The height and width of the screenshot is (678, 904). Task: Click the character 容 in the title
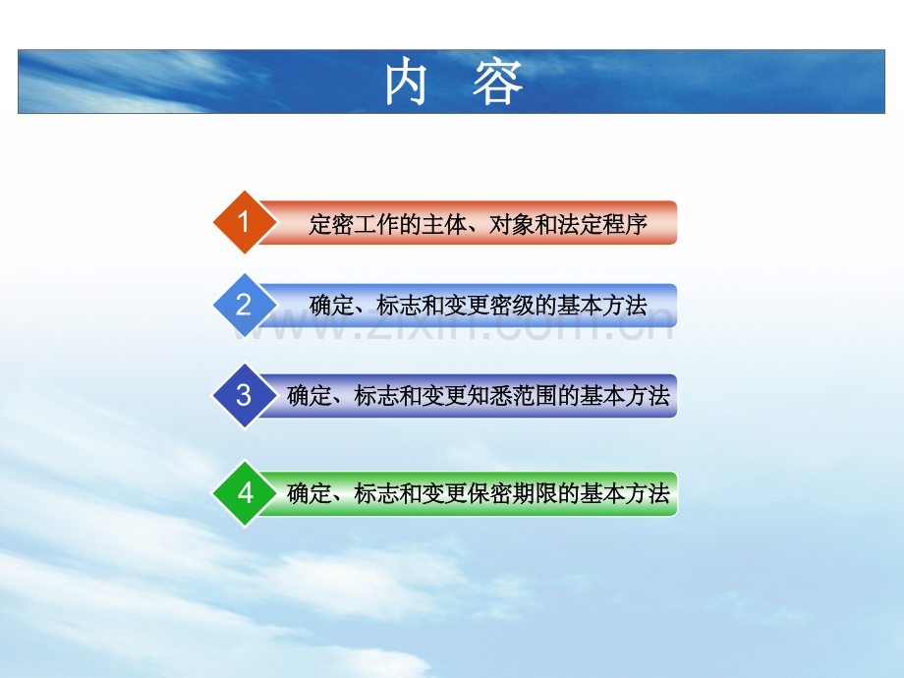click(x=497, y=84)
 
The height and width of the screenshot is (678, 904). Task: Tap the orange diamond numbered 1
click(x=245, y=222)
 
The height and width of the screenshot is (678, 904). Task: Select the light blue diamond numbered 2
click(x=245, y=305)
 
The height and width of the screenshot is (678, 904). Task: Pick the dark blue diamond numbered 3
click(x=245, y=395)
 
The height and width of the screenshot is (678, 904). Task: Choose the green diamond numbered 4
click(x=245, y=493)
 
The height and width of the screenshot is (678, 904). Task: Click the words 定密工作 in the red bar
click(x=354, y=224)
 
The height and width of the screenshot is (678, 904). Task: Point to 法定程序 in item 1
click(x=603, y=224)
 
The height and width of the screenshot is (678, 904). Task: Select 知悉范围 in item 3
click(x=513, y=396)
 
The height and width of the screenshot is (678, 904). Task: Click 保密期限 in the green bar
click(x=513, y=493)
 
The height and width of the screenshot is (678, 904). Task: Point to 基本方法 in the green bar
click(x=625, y=493)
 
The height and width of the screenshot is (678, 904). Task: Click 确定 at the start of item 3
click(x=310, y=396)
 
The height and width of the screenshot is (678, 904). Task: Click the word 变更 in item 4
click(x=445, y=493)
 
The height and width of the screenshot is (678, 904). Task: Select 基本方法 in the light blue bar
click(x=602, y=306)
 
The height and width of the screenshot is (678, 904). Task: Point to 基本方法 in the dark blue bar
click(x=625, y=396)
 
